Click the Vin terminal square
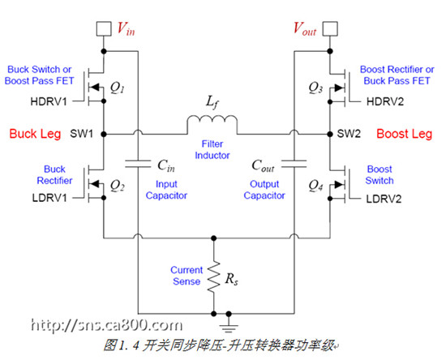(x=104, y=28)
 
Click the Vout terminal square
(x=330, y=28)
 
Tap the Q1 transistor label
(x=118, y=88)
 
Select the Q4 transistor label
(x=315, y=186)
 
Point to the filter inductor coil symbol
(x=212, y=124)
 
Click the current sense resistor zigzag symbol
(x=214, y=276)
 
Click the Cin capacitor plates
(x=138, y=164)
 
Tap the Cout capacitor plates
(x=294, y=164)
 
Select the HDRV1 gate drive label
(x=49, y=101)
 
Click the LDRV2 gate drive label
(x=384, y=199)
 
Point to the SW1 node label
(x=82, y=134)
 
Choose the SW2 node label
(x=349, y=134)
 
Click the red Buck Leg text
(x=35, y=134)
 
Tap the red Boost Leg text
(x=405, y=134)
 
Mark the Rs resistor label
(x=232, y=279)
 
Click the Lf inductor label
(x=212, y=102)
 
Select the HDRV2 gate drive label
(x=385, y=101)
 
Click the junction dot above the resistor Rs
(x=214, y=238)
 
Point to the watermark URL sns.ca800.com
(x=107, y=325)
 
